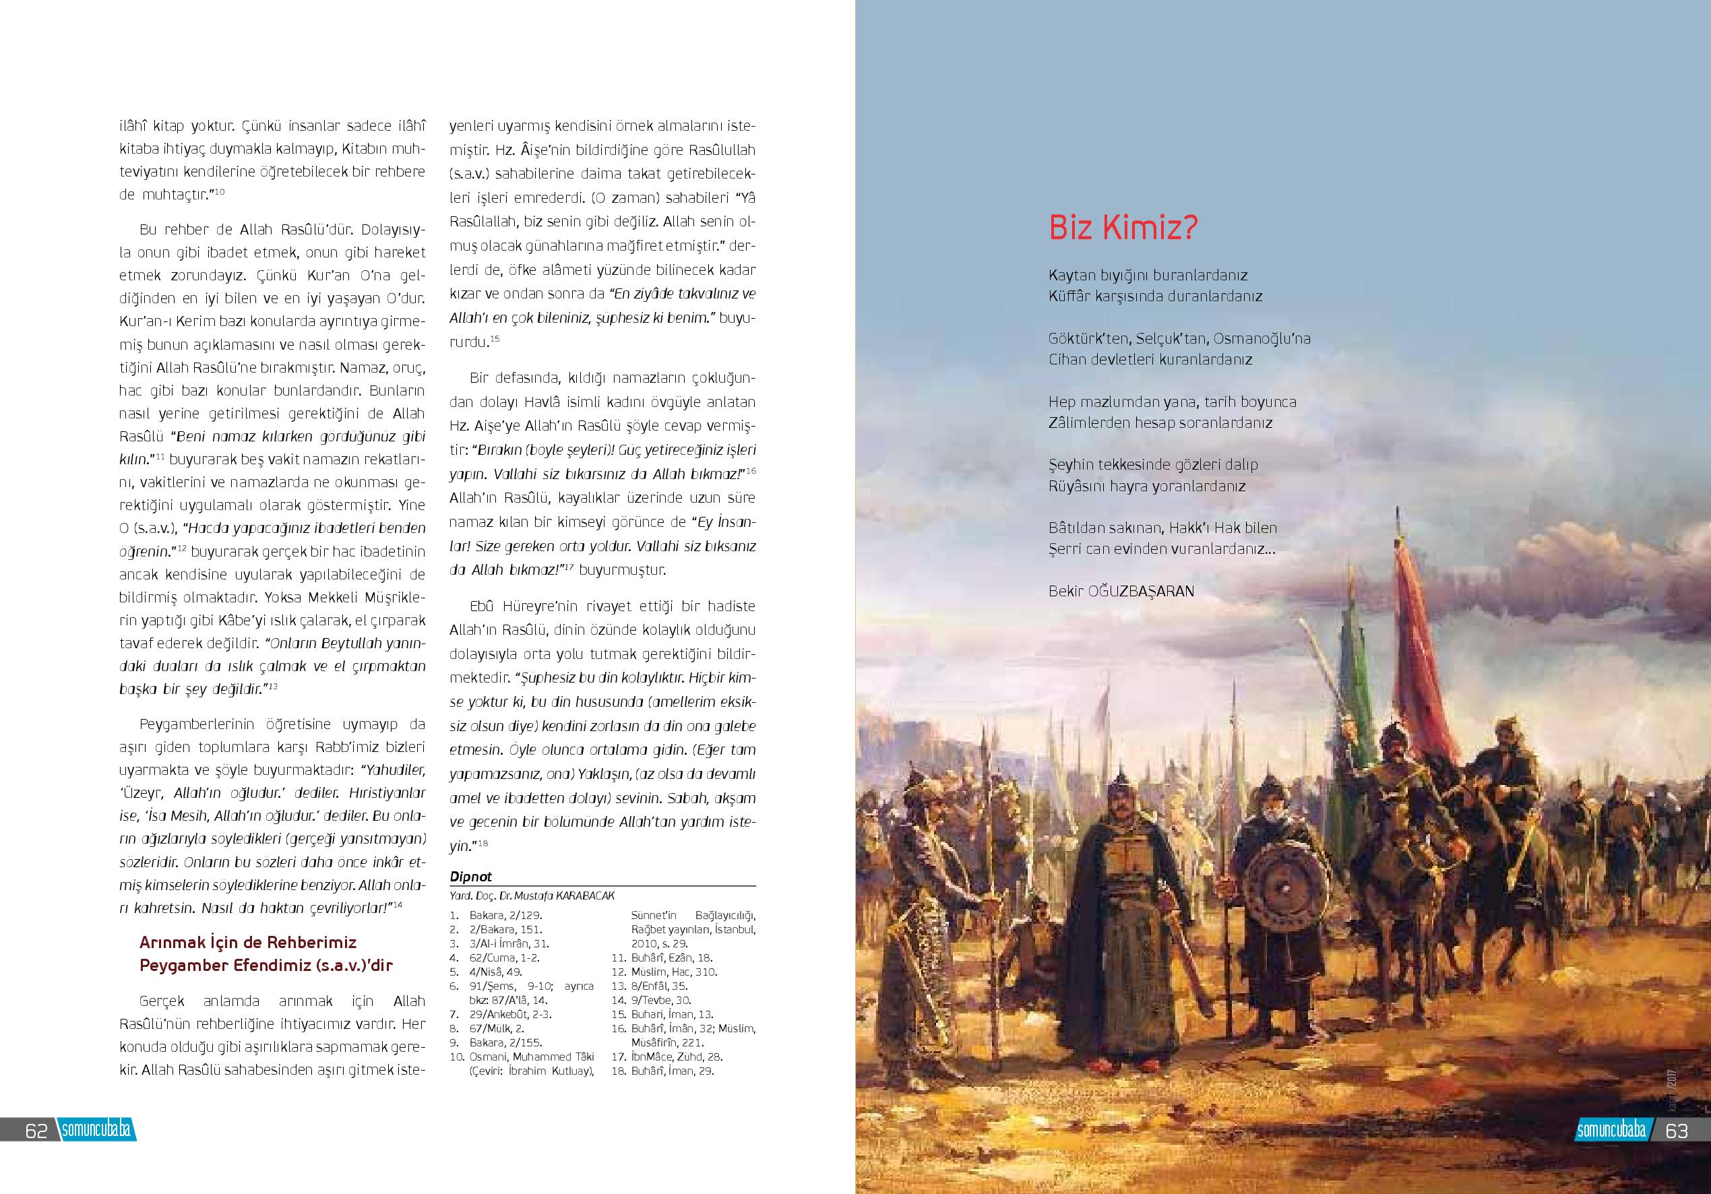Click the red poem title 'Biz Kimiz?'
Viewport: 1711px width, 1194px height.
[1123, 227]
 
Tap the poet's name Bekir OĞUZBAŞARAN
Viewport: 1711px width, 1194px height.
[1121, 591]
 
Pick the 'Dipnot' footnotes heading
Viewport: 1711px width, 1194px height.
[471, 877]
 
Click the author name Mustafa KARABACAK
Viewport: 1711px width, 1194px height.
[566, 895]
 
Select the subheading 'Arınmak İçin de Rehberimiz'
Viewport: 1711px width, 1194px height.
[247, 942]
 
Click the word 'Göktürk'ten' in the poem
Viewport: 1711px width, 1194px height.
[1090, 338]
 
